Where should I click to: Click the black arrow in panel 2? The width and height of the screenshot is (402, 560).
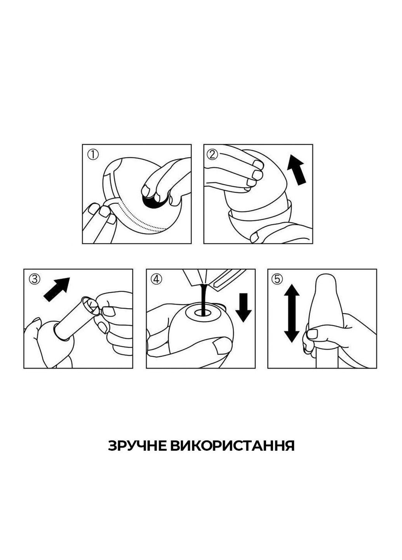tap(297, 170)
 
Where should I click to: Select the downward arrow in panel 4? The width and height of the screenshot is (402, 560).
tap(244, 308)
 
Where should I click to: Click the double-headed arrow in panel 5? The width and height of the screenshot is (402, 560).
tap(292, 313)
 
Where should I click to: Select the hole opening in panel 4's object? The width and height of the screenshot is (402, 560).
tap(202, 311)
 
